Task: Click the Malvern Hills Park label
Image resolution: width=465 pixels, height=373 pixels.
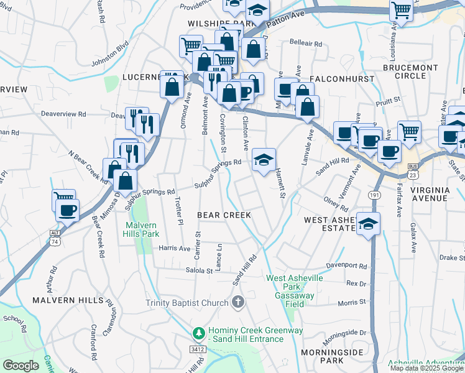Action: (142, 229)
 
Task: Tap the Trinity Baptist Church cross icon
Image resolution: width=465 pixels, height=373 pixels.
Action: (237, 303)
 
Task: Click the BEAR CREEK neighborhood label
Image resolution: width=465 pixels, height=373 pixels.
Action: (224, 215)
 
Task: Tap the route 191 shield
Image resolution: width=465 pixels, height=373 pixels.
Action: (374, 195)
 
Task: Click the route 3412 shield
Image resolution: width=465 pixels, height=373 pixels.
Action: (198, 349)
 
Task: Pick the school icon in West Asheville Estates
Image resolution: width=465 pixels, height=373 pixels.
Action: (368, 222)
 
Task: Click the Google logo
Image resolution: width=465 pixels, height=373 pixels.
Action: (21, 366)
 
